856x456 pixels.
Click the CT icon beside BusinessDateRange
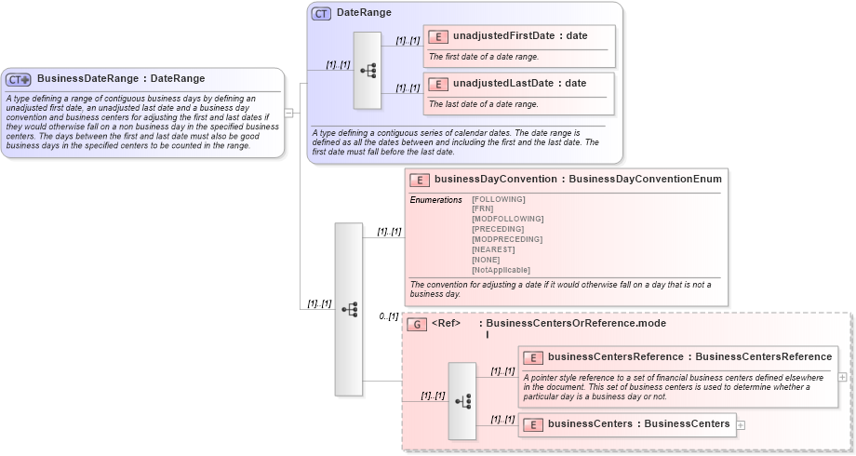[19, 79]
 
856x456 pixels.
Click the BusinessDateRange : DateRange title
[121, 79]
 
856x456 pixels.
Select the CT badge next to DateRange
[321, 14]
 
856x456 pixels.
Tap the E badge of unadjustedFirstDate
[437, 36]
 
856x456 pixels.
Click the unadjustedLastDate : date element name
[519, 84]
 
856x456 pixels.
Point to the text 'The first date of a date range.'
[483, 57]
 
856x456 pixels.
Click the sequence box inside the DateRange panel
[368, 70]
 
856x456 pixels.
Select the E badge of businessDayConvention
[419, 180]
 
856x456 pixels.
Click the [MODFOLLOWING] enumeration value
[507, 219]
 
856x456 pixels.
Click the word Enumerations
[435, 199]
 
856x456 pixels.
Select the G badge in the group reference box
[417, 324]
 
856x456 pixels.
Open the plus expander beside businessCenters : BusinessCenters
[741, 425]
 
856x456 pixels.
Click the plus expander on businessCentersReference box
[842, 377]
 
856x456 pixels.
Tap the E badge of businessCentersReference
[533, 357]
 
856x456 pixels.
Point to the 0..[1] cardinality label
[388, 317]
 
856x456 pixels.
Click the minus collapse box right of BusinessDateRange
[289, 113]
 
